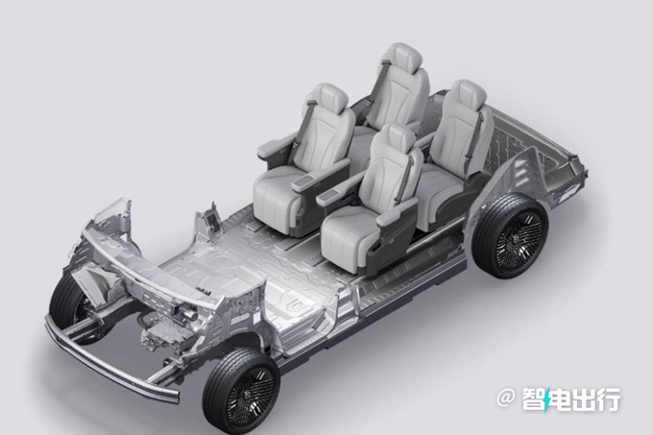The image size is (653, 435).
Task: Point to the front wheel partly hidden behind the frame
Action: tap(70, 304)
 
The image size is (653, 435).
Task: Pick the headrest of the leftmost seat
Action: tap(329, 99)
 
